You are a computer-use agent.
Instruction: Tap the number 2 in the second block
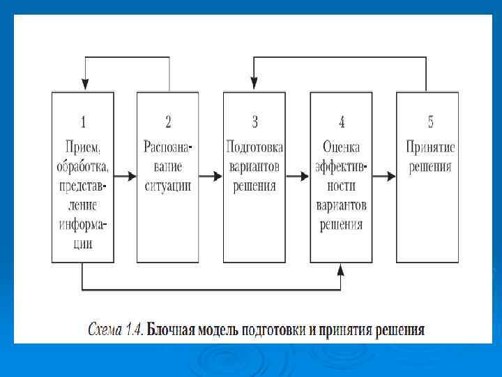(168, 122)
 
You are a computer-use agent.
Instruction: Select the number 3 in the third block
(254, 122)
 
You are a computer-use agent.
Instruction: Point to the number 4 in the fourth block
(342, 123)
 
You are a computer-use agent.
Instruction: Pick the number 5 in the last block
(430, 122)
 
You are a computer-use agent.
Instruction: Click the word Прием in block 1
(83, 147)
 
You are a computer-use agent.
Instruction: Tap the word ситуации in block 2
(168, 186)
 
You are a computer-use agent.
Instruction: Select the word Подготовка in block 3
(254, 147)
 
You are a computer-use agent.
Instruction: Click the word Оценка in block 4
(342, 147)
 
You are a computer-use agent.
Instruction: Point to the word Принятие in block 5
(430, 147)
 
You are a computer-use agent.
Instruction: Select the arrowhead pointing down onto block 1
(84, 86)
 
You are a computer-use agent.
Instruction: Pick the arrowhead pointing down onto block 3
(254, 86)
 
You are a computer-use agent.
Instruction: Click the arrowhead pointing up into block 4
(341, 268)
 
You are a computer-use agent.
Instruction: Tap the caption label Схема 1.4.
(115, 328)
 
